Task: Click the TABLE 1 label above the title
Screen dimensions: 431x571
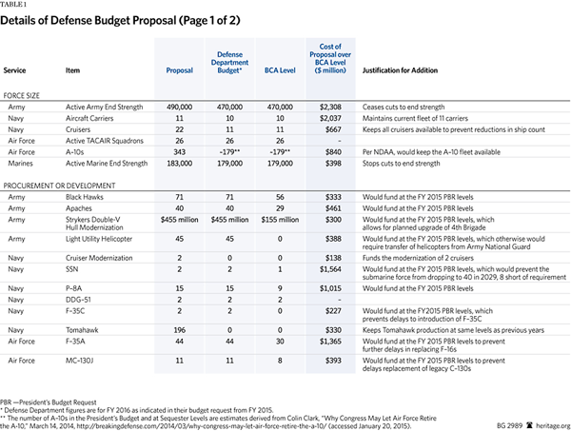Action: tap(15, 5)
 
